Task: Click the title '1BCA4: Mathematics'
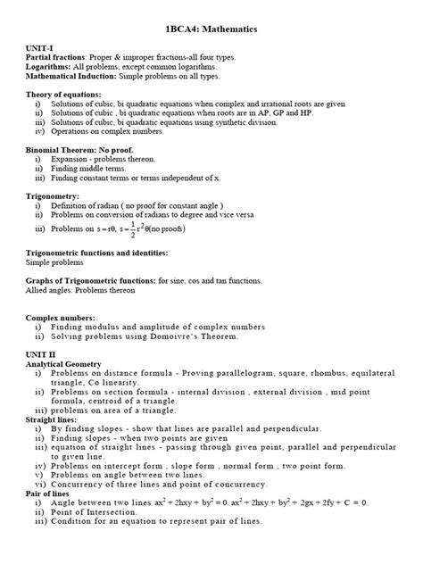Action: pos(211,29)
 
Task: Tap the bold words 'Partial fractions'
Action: pos(59,56)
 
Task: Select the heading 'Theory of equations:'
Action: pos(63,95)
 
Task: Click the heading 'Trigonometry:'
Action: pos(53,197)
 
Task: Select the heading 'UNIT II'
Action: pos(41,355)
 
